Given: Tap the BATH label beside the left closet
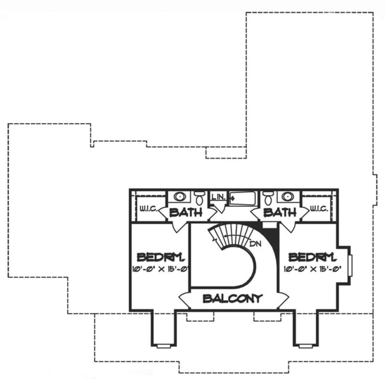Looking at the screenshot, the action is tap(186, 212).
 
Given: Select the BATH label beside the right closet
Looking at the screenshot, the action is tap(280, 212).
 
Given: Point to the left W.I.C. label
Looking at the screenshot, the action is tap(149, 209).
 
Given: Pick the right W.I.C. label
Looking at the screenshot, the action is tap(319, 209).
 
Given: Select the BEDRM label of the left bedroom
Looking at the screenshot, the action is tap(160, 257).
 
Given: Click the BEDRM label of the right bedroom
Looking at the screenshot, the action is tap(312, 257).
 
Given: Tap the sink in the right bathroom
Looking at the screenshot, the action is tap(288, 197).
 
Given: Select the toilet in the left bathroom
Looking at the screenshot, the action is tap(199, 198).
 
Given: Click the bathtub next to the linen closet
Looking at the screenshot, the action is tap(242, 198).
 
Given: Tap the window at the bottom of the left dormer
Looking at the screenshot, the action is tap(164, 346).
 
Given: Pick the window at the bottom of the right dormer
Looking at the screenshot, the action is tap(306, 346).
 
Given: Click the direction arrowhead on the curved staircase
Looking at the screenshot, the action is tap(226, 236).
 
